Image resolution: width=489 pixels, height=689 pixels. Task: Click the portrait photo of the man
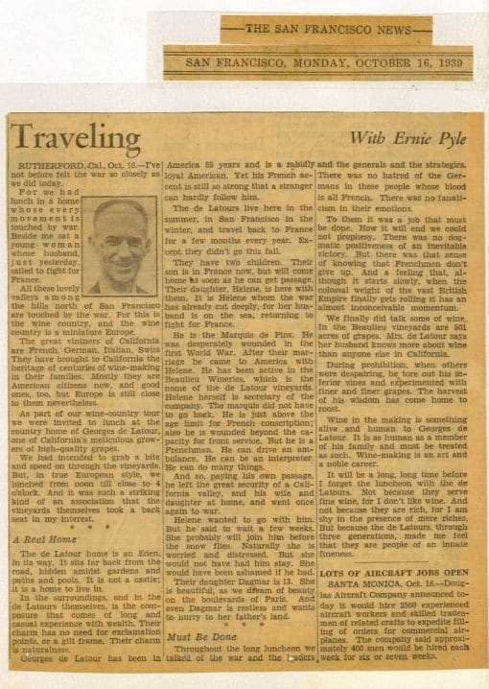coord(120,246)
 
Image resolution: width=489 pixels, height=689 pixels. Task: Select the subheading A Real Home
coord(45,539)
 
